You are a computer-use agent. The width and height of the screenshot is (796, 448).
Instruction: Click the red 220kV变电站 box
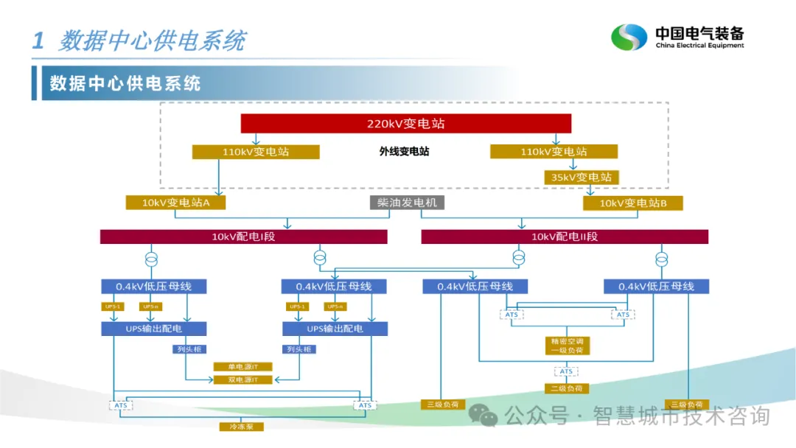coord(406,124)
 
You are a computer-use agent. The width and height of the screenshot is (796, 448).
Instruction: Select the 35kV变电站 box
coord(582,177)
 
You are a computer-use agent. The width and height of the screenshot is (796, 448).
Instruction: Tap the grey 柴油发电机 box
coord(407,203)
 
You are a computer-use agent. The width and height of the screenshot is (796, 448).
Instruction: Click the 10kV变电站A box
coord(175,203)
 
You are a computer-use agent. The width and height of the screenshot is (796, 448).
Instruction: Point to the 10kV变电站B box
coord(632,203)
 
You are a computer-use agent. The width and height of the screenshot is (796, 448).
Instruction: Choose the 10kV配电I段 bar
coord(243,237)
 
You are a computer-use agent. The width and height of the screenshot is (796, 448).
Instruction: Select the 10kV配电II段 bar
coord(565,237)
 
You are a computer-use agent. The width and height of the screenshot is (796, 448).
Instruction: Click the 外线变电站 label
coord(404,152)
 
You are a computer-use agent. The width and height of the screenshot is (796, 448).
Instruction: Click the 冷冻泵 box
coord(241,427)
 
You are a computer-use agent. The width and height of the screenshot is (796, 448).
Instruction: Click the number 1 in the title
coord(38,41)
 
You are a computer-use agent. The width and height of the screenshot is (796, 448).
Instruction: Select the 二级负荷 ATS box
coord(565,371)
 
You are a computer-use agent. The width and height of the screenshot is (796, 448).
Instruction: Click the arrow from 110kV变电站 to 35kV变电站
coord(572,165)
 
